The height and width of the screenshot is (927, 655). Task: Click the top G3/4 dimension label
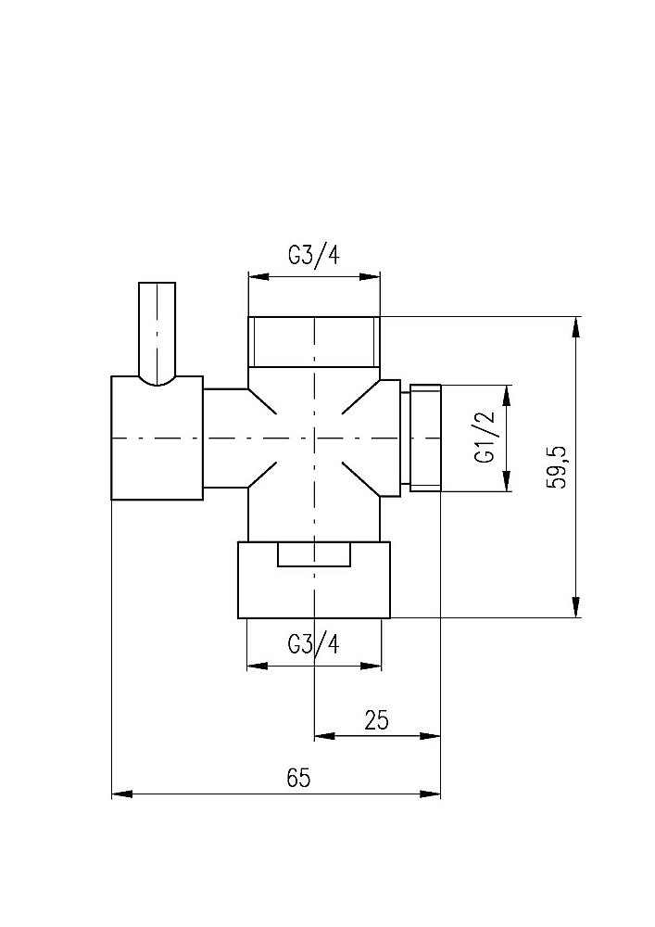click(x=314, y=256)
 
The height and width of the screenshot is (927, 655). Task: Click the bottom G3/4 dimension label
click(x=314, y=644)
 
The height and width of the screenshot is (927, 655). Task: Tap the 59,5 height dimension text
click(x=557, y=467)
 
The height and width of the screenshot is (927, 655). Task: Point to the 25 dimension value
click(x=377, y=720)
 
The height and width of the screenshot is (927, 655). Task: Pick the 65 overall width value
click(x=299, y=778)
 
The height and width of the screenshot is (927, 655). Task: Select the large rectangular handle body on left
click(x=157, y=438)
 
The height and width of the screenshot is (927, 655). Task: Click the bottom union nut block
click(x=314, y=580)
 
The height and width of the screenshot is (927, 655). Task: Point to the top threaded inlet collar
click(x=314, y=341)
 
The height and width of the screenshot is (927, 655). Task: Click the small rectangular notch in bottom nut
click(x=315, y=555)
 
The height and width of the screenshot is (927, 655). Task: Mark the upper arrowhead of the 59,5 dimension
click(x=576, y=327)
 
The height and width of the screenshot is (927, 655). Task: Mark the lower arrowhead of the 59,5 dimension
click(x=576, y=607)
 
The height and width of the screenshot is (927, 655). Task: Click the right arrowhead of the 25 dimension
click(x=430, y=736)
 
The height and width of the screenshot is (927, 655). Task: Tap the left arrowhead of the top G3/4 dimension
click(x=259, y=276)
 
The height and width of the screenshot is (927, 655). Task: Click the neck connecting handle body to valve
click(x=226, y=438)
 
